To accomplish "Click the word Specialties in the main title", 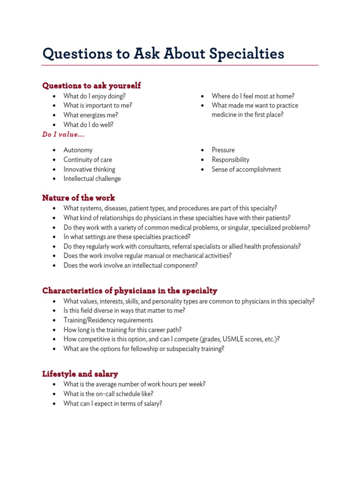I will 247,54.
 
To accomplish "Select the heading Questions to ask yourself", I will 91,86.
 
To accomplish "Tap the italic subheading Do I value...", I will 63,135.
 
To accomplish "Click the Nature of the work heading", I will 78,198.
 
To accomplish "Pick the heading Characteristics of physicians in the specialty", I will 129,291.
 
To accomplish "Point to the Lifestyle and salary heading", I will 80,374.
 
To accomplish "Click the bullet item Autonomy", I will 78,150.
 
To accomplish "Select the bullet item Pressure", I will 223,150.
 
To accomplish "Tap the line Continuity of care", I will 88,160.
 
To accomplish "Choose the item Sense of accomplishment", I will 246,169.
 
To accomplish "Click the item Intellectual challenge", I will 92,179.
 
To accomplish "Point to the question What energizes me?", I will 90,115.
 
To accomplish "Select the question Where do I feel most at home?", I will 253,96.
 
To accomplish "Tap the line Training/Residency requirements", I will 108,320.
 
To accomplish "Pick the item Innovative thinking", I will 89,169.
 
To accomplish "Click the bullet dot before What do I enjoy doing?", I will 55,96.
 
